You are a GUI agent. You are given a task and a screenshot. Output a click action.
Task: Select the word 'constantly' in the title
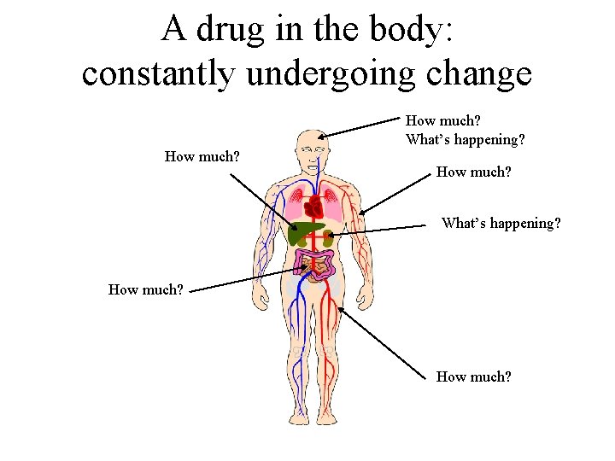pyautogui.click(x=155, y=73)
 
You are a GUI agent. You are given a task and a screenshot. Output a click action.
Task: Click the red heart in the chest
pyautogui.click(x=313, y=207)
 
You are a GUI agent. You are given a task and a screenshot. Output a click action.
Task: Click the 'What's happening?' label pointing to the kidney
pyautogui.click(x=501, y=224)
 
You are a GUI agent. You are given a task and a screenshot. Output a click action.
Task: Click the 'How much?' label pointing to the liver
pyautogui.click(x=202, y=156)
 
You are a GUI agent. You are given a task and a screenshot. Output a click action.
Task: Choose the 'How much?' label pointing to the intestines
pyautogui.click(x=145, y=289)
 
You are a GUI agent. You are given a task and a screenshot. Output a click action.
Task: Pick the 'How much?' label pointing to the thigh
pyautogui.click(x=473, y=376)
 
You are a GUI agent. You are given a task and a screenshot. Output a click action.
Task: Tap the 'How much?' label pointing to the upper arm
pyautogui.click(x=473, y=172)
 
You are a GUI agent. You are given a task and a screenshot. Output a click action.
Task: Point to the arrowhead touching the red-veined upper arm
pyautogui.click(x=362, y=212)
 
